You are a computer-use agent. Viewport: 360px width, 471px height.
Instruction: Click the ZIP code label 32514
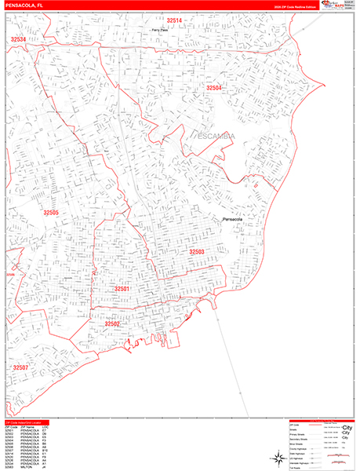[174, 20]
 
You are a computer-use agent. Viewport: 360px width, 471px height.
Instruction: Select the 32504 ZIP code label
[214, 88]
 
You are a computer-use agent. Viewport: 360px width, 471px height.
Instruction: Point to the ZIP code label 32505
[51, 213]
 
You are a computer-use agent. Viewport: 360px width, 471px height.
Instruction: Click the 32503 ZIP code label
[196, 251]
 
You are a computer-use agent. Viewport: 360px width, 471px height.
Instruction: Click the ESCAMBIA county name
[214, 139]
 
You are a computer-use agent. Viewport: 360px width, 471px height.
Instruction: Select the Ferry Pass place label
[162, 30]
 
